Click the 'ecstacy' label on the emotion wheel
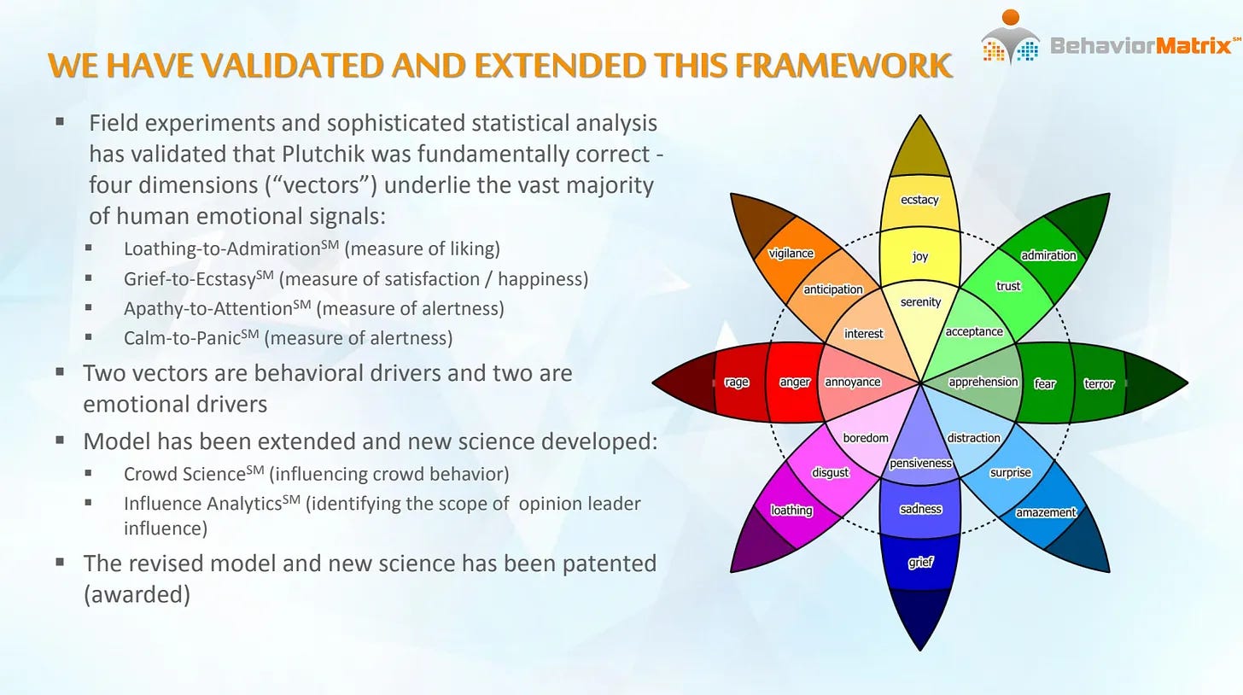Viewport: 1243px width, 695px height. pos(919,200)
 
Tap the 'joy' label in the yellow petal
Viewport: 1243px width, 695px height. pos(920,256)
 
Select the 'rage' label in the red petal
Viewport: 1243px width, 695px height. pos(737,382)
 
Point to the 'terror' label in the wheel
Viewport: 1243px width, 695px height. pos(1099,383)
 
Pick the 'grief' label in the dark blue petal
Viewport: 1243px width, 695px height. pos(920,563)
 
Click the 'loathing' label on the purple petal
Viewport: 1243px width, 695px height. pos(791,510)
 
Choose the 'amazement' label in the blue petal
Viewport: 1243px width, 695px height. pos(1046,512)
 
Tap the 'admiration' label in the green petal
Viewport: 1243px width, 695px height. pos(1048,255)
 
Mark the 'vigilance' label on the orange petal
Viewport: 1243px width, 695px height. pos(791,254)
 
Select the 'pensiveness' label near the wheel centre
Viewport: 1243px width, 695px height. pos(920,464)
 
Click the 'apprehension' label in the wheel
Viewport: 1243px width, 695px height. pos(983,382)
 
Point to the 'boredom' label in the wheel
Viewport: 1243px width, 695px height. pos(865,438)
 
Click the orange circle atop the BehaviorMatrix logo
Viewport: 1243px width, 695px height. pos(1011,17)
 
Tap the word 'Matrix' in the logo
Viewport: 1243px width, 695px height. pos(1193,45)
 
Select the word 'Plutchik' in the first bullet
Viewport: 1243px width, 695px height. pos(319,154)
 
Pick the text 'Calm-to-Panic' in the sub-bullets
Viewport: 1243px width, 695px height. pos(183,338)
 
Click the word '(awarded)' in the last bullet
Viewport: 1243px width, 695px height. pos(137,594)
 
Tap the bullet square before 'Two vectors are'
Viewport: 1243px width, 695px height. pos(60,371)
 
